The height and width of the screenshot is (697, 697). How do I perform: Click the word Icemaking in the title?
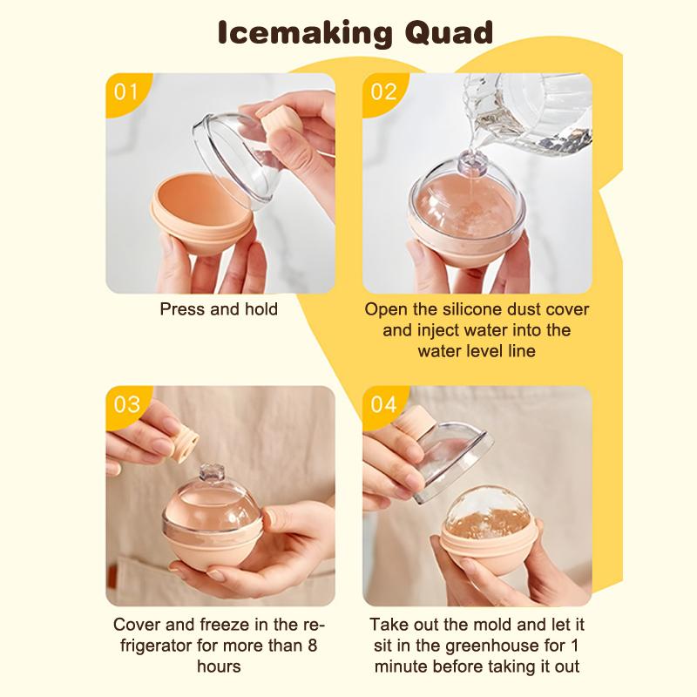point(292,35)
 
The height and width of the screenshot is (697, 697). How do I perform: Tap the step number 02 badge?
point(383,91)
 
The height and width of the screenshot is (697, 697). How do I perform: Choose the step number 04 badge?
point(383,404)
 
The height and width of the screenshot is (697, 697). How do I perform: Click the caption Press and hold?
point(219,309)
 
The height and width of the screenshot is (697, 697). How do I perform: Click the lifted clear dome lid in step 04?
point(436,462)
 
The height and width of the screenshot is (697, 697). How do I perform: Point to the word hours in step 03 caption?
point(219,667)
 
